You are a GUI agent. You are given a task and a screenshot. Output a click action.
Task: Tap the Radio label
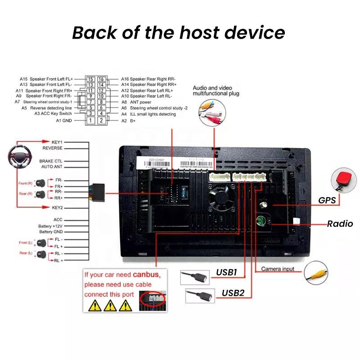point(340,224)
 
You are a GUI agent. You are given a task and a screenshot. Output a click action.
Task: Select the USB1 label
point(226,272)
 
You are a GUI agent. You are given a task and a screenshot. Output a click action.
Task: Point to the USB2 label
point(233,293)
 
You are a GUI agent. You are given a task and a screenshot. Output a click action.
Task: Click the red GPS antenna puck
point(343,179)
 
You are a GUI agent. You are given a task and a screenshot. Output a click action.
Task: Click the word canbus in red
point(146,274)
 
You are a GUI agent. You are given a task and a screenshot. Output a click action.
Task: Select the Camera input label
point(278,269)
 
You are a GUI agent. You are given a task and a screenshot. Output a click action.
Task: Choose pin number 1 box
point(90,120)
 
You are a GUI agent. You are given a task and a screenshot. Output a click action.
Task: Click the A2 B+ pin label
point(127,121)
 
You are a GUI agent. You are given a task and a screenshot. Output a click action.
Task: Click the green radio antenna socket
point(260,221)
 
